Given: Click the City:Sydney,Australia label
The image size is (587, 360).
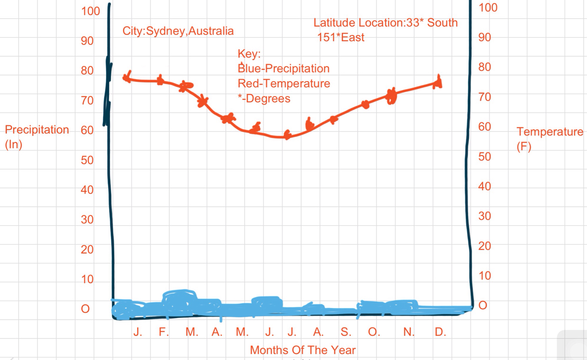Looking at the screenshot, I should (178, 31).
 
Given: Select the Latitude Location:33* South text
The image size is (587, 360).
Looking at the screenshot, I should (385, 23).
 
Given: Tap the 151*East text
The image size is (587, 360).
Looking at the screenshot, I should (341, 38).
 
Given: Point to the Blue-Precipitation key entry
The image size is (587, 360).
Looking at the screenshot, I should (284, 69).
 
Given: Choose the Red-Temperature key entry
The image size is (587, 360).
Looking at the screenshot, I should (284, 84).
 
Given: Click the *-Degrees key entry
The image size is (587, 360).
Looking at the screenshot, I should (264, 99).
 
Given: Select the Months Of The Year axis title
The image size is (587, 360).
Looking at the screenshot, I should (302, 350).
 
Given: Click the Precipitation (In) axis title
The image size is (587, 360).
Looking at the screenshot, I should (37, 136).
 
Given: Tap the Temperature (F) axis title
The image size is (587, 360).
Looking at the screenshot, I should (549, 139).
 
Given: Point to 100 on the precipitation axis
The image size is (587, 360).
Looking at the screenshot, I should (90, 11).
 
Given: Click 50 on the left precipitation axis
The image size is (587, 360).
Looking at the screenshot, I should (87, 160).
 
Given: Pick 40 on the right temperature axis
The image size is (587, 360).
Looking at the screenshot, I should (484, 187).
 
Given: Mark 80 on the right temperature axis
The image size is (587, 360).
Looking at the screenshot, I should (484, 67).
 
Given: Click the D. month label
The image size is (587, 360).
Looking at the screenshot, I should (440, 332).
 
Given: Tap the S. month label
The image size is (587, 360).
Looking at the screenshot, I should (346, 332).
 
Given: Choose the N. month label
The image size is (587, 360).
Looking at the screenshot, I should (409, 332).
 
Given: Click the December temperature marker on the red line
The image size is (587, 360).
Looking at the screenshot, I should (438, 83).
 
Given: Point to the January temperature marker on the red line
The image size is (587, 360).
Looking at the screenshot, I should (127, 77).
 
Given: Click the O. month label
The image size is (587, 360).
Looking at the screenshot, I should (374, 332).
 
